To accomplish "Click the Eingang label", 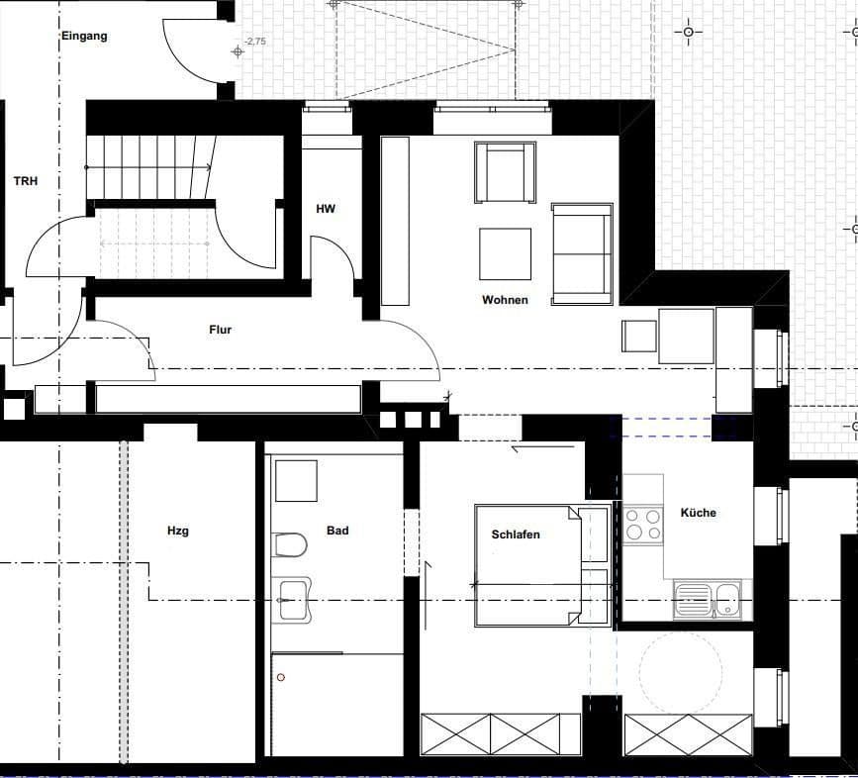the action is [84, 37].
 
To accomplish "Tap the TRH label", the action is [26, 181].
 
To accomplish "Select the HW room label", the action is [326, 209].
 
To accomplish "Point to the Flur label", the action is [220, 330].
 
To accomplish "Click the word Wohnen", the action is [505, 300].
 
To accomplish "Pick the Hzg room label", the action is [178, 531].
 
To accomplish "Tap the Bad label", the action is [337, 531].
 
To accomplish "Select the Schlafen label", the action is [516, 535].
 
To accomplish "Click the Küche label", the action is [699, 513].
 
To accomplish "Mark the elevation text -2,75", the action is [255, 41].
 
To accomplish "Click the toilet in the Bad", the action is [290, 545].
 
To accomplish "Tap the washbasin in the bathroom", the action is [292, 600].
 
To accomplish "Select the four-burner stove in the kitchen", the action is [643, 525].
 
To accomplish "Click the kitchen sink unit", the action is [708, 600].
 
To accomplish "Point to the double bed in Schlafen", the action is [541, 565].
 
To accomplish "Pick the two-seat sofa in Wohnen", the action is [582, 253].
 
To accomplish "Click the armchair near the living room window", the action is [505, 172].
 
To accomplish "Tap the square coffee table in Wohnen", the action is [505, 254].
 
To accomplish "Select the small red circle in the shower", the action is [281, 677].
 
